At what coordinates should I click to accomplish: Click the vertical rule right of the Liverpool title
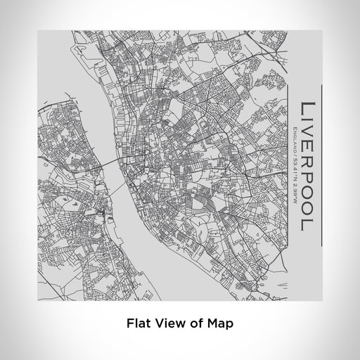click(321, 165)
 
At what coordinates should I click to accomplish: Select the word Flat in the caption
click(137, 324)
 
